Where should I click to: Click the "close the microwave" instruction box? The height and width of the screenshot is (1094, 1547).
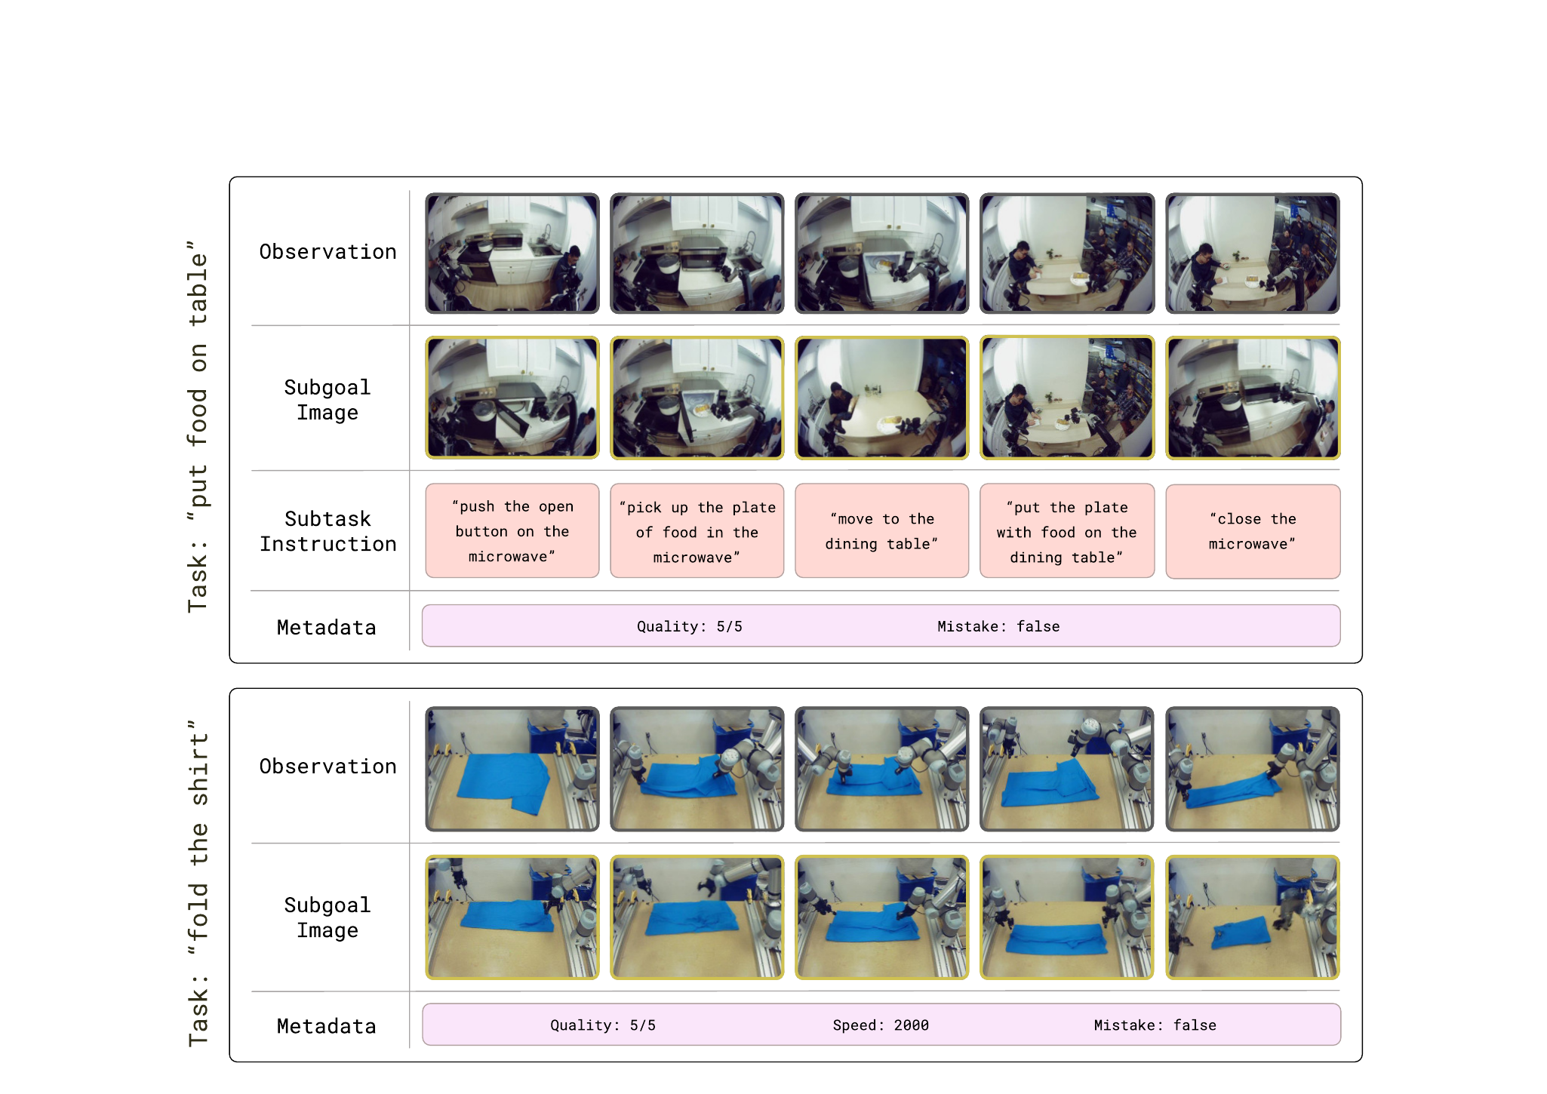[1253, 531]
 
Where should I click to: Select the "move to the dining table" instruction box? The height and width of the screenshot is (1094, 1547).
[881, 531]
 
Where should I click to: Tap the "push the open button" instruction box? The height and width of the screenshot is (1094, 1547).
[512, 531]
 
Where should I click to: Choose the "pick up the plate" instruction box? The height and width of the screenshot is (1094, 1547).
[697, 531]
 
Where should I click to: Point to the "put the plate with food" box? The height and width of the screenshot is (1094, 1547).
[1067, 531]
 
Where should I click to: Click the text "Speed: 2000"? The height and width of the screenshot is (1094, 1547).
[881, 1025]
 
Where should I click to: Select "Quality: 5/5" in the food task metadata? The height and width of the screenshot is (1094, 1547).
[690, 626]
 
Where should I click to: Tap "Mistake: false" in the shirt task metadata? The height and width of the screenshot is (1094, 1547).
[1155, 1025]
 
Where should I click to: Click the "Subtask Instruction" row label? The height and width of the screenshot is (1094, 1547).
[328, 531]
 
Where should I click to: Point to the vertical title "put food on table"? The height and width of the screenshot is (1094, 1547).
[197, 426]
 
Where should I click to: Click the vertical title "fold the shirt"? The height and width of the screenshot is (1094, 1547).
[197, 883]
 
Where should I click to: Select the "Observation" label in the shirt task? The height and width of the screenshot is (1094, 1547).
[328, 767]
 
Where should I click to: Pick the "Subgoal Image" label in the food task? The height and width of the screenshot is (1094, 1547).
[328, 400]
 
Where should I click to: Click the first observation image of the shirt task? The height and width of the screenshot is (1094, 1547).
[512, 769]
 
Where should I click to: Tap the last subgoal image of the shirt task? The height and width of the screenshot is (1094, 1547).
[1253, 917]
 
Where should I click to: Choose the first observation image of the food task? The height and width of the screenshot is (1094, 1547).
[512, 253]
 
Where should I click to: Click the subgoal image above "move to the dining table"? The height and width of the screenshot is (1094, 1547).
[881, 398]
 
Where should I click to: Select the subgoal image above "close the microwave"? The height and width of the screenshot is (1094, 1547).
[1253, 398]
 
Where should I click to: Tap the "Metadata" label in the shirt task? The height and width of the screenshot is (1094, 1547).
[326, 1026]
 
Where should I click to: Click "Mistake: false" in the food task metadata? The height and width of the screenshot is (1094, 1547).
[998, 626]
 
